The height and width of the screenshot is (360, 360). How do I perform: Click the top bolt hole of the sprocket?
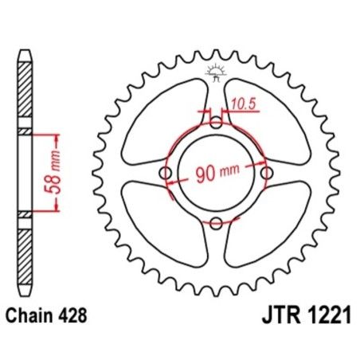(216, 123)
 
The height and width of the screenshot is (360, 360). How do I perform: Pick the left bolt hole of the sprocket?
(166, 174)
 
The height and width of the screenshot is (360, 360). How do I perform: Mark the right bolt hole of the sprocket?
(266, 174)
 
